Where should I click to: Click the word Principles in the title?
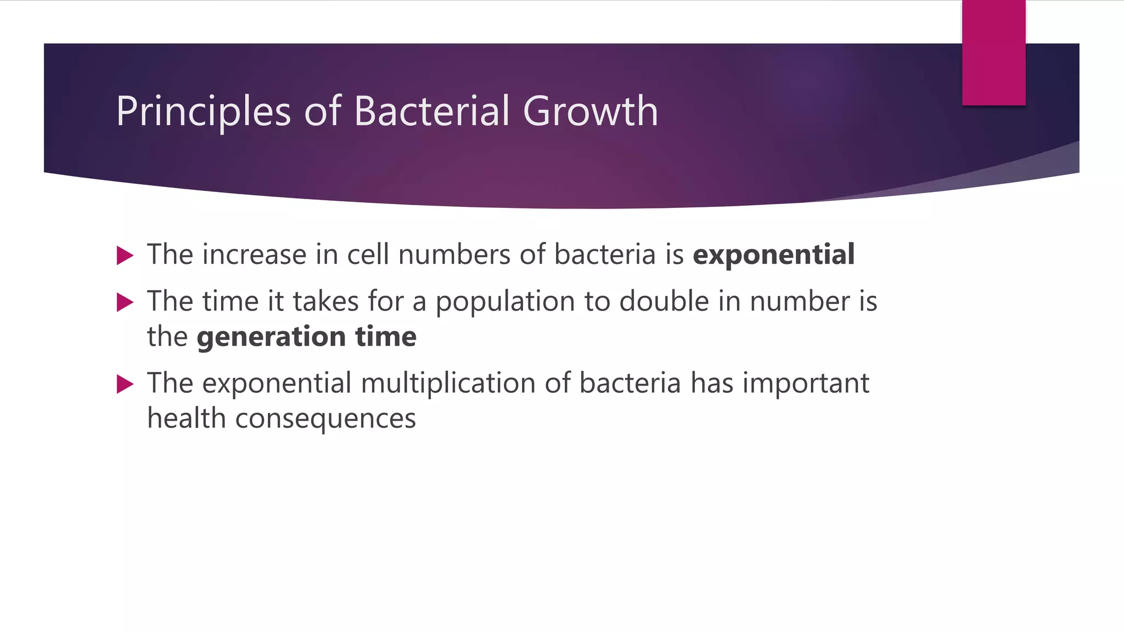pos(203,112)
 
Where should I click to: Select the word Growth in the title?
pos(590,111)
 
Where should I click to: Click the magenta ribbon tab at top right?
pos(993,53)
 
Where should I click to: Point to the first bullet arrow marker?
pos(125,256)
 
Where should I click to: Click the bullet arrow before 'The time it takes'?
pos(125,302)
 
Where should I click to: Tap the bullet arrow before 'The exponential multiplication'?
pos(125,384)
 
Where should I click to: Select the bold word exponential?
pos(773,255)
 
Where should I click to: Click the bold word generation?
pos(271,337)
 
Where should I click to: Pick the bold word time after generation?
pos(386,337)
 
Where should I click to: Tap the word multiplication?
pos(448,383)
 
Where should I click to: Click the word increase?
pos(254,255)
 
